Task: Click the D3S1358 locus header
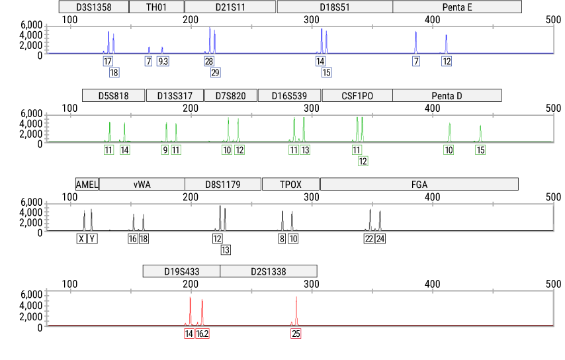pyautogui.click(x=93, y=7)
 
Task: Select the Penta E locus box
pyautogui.click(x=457, y=7)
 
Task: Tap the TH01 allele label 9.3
pyautogui.click(x=163, y=62)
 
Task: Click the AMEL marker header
pyautogui.click(x=87, y=184)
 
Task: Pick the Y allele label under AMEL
pyautogui.click(x=92, y=239)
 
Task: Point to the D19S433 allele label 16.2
pyautogui.click(x=202, y=334)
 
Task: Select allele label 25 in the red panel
pyautogui.click(x=296, y=334)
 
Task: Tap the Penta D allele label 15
pyautogui.click(x=480, y=150)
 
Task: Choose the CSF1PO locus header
pyautogui.click(x=357, y=96)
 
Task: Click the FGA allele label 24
pyautogui.click(x=380, y=239)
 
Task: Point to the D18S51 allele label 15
pyautogui.click(x=326, y=72)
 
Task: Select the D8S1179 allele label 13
pyautogui.click(x=226, y=249)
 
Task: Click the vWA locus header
pyautogui.click(x=142, y=184)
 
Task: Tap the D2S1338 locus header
pyautogui.click(x=269, y=271)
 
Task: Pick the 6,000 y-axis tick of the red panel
pyautogui.click(x=32, y=294)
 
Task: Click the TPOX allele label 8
pyautogui.click(x=282, y=239)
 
